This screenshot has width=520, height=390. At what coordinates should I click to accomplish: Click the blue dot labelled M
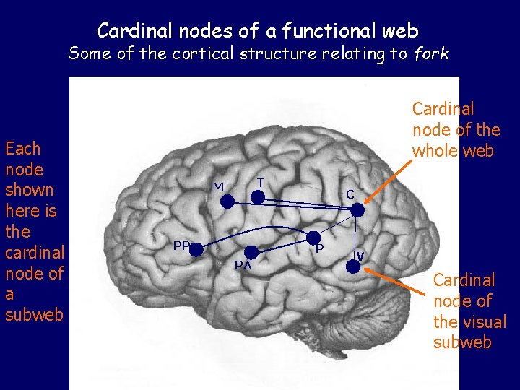tap(227, 203)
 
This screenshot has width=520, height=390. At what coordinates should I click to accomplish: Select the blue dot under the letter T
tap(257, 196)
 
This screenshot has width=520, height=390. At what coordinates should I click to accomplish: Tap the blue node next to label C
tap(357, 209)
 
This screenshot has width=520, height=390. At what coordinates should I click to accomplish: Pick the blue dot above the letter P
tap(313, 237)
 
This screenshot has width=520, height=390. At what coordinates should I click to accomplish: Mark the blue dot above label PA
tap(251, 251)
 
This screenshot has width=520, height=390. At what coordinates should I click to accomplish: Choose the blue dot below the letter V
tap(352, 266)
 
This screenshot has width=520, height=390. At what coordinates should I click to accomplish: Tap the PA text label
tap(243, 265)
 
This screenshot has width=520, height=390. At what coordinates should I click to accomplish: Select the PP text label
tap(181, 246)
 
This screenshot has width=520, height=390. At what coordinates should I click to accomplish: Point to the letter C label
tap(350, 194)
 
